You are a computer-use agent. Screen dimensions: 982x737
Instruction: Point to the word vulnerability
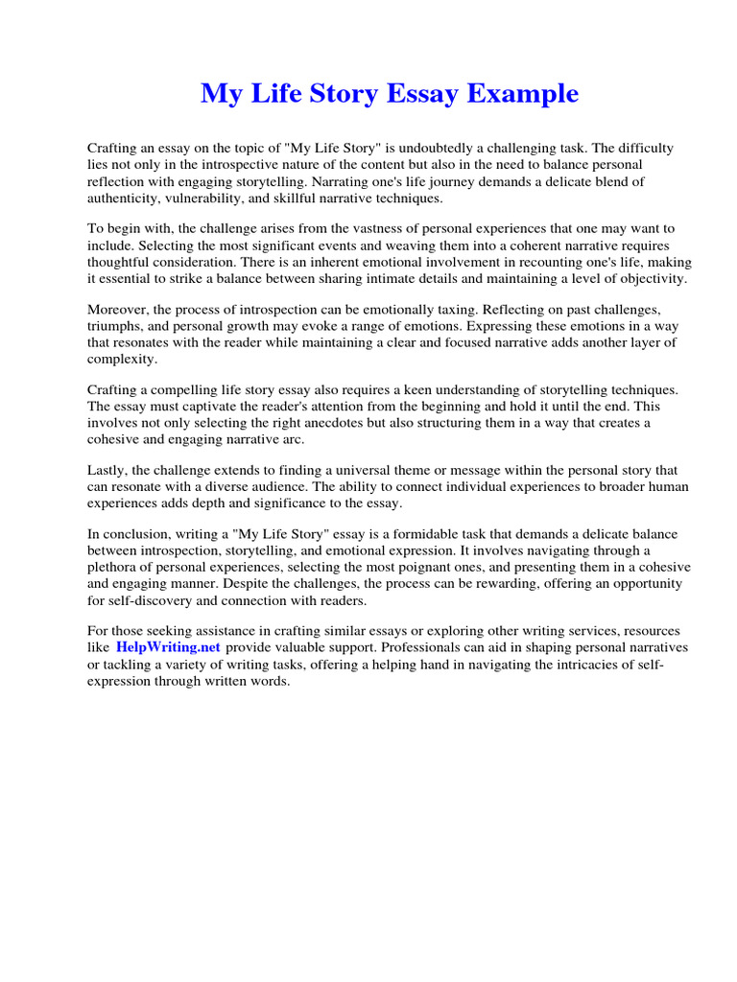coord(209,198)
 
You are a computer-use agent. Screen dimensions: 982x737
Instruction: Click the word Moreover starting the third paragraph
coord(120,310)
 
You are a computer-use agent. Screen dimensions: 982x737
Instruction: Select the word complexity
coord(121,359)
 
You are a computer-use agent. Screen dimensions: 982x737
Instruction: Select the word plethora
coord(114,567)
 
